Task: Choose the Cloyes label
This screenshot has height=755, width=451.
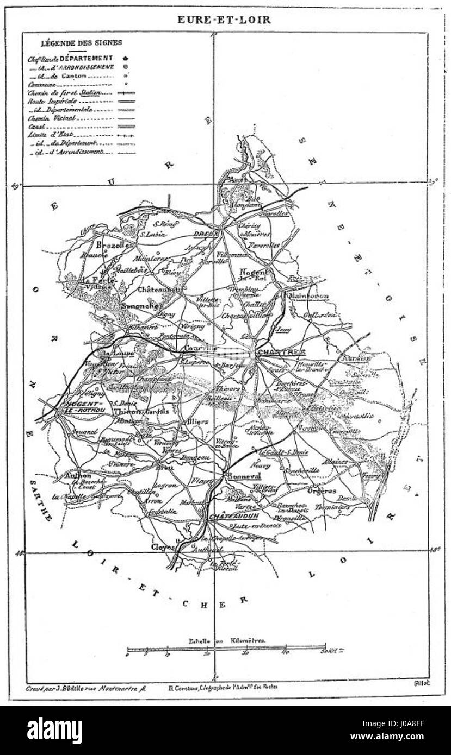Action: point(160,548)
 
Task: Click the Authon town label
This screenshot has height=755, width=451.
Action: point(77,475)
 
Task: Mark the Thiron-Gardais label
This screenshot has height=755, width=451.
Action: point(139,411)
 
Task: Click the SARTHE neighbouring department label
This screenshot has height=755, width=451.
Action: point(41,500)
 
